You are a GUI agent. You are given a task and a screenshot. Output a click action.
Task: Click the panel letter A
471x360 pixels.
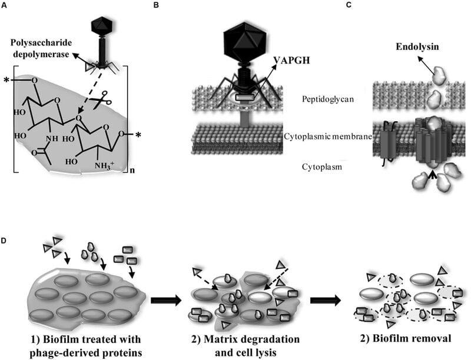(x=5, y=5)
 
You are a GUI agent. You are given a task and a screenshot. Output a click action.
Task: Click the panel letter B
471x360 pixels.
(x=156, y=5)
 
